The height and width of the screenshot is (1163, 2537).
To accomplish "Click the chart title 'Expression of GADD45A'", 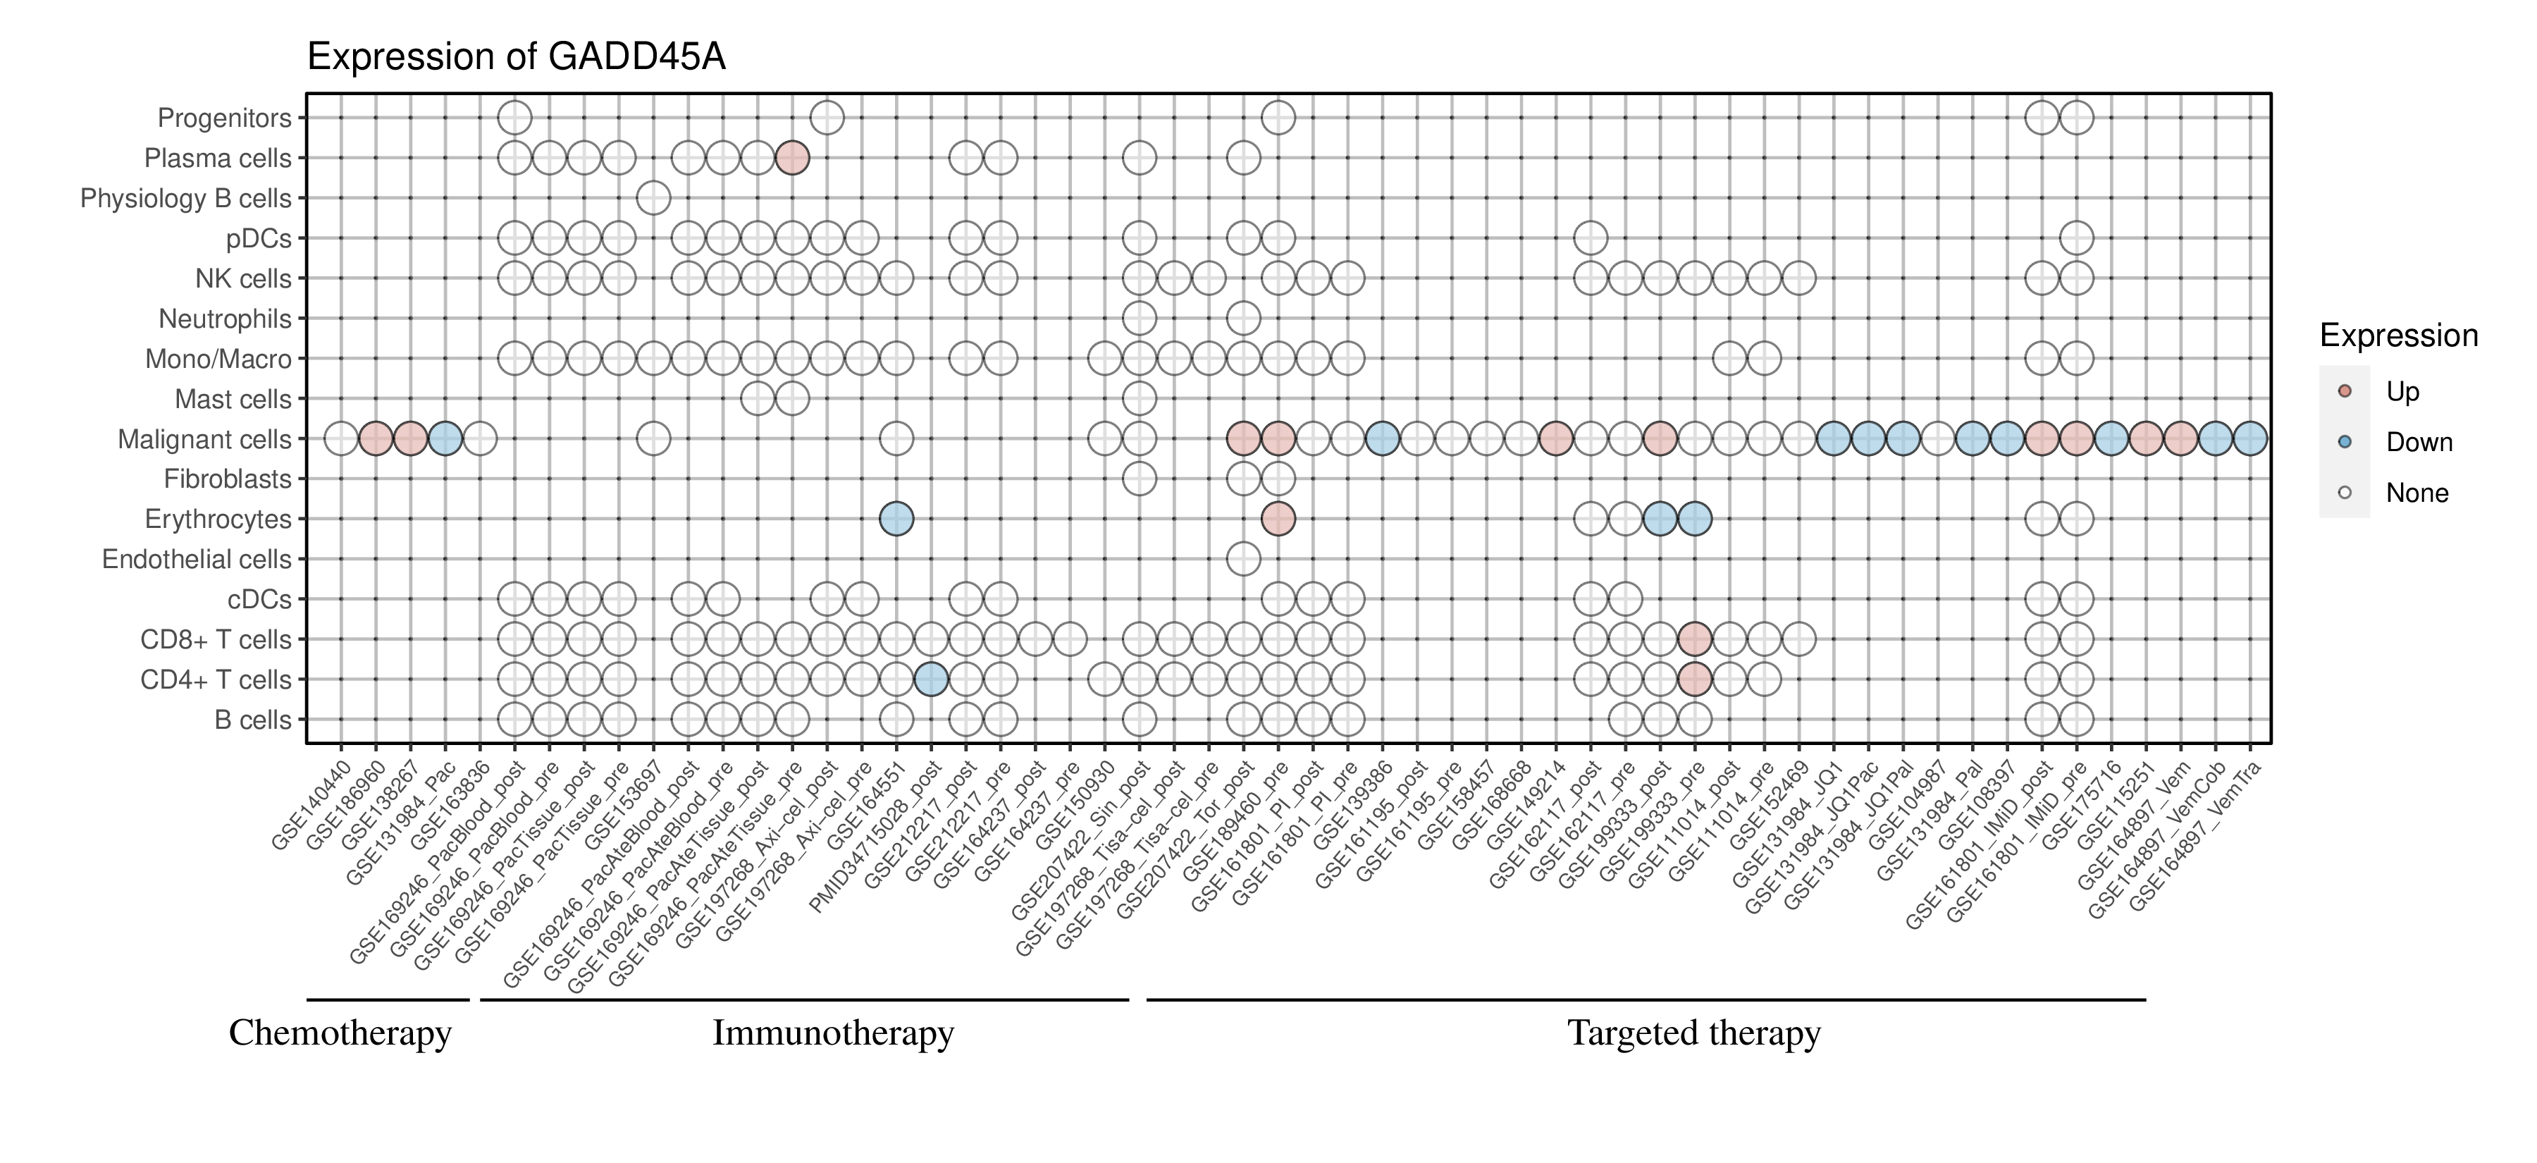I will pos(516,57).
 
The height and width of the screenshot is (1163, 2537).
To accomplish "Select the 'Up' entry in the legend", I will pos(2403,392).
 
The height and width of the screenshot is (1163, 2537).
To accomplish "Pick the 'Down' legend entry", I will pos(2419,442).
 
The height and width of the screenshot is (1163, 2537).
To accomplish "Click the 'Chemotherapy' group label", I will pos(340,1033).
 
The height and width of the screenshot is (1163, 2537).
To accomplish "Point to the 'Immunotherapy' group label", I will pos(833,1033).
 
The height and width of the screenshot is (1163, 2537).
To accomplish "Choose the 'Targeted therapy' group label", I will pos(1694,1033).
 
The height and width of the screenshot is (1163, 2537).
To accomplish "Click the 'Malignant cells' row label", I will pos(205,439).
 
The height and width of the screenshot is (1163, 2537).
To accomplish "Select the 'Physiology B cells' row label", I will pos(186,199).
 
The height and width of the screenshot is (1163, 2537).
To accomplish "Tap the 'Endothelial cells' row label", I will pos(197,560).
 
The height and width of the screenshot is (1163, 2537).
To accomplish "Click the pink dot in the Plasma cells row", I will pos(792,158).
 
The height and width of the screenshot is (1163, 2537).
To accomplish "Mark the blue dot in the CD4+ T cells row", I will pos(931,679).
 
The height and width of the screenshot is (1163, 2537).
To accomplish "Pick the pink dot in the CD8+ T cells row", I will pos(1694,639).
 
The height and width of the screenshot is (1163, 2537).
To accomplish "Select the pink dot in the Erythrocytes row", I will pos(1278,519).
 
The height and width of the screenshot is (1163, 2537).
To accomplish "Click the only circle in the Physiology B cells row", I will pos(653,198).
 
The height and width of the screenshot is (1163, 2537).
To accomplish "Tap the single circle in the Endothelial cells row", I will pos(1243,560).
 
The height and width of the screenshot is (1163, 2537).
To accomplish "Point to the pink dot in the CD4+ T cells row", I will pos(1694,679).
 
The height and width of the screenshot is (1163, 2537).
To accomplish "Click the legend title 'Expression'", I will pos(2398,336).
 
